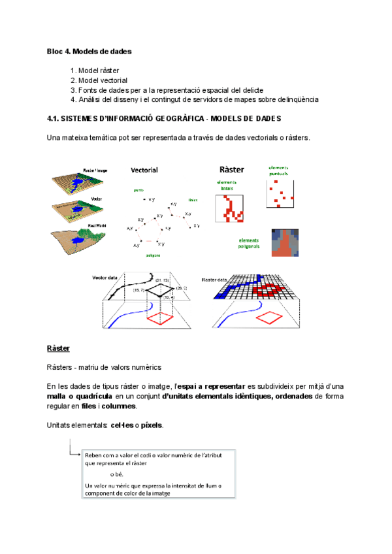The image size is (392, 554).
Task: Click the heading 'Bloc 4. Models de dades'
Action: [x=90, y=51]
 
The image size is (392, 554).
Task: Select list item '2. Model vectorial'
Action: [x=99, y=80]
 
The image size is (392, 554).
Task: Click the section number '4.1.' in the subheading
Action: [x=54, y=119]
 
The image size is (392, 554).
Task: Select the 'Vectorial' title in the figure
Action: [x=144, y=170]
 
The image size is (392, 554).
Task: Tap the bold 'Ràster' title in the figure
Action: [x=232, y=170]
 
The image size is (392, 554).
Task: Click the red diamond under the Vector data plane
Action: [x=161, y=318]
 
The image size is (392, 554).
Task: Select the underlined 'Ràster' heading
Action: [x=59, y=348]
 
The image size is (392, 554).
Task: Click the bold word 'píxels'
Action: [x=152, y=425]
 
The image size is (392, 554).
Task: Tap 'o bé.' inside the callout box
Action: [x=117, y=474]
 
